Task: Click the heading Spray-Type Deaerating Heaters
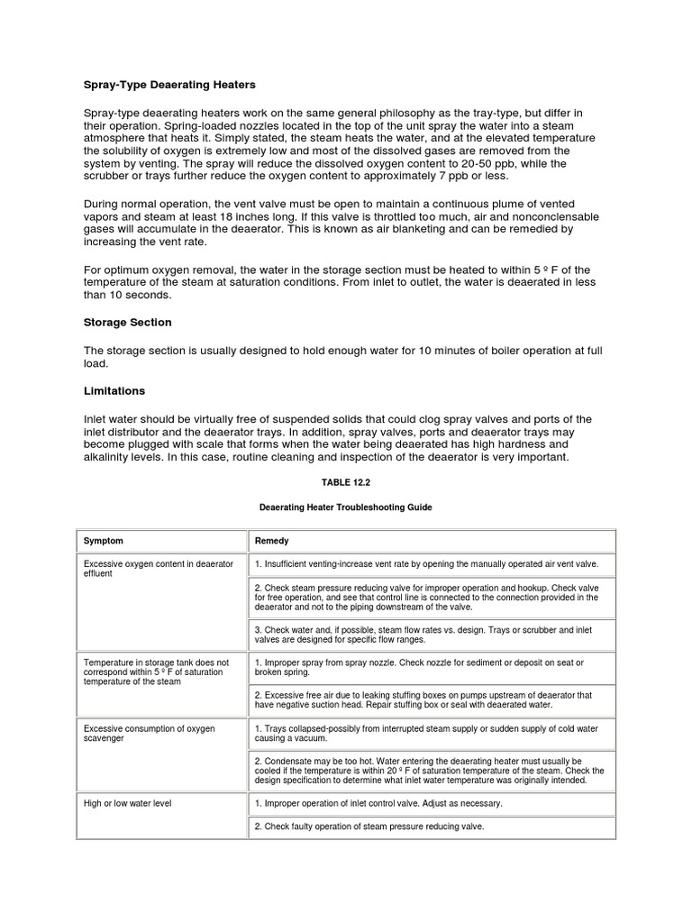click(169, 85)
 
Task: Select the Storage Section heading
click(127, 322)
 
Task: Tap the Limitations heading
click(114, 391)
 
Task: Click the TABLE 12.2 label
click(345, 482)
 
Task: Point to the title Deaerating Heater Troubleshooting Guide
click(345, 507)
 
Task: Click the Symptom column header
click(104, 541)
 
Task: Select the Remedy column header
click(272, 541)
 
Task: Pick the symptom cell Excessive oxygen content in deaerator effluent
click(158, 569)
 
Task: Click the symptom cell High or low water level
click(123, 802)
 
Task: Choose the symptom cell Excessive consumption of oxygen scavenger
click(149, 733)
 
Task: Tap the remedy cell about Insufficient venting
click(426, 564)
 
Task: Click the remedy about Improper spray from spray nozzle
click(419, 667)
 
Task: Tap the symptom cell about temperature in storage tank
click(156, 672)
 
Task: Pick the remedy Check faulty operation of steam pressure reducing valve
click(369, 827)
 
